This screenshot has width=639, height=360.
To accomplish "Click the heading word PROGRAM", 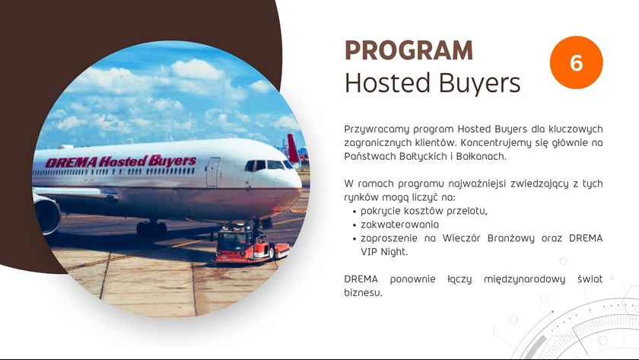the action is click(409, 50).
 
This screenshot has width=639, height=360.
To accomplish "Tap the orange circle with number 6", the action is click(577, 62).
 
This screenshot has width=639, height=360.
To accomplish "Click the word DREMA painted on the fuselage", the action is click(71, 163).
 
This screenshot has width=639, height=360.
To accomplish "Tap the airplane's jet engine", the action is click(46, 214).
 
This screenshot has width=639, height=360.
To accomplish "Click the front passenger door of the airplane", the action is click(213, 172).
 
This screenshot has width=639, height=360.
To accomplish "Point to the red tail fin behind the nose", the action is click(293, 149).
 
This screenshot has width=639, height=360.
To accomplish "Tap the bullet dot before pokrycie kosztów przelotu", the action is click(354, 212).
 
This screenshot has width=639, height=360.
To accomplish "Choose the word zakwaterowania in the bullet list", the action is click(399, 225).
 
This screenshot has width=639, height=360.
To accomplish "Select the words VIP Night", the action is click(384, 252).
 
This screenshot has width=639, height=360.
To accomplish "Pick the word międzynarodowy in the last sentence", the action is click(524, 279).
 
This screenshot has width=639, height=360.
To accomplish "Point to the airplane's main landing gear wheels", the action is click(151, 230).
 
